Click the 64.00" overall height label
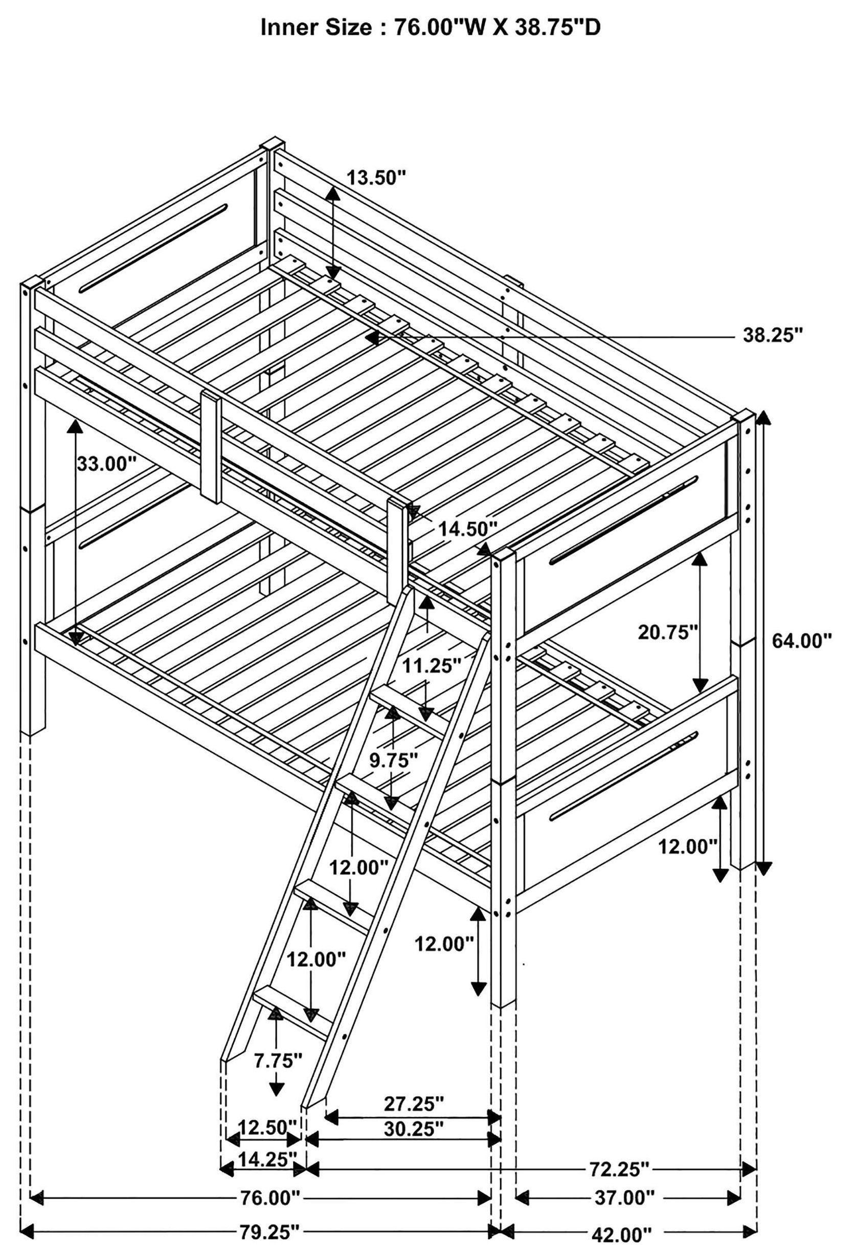801,642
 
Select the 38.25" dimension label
772,336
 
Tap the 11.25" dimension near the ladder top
432,666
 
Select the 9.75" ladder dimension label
394,760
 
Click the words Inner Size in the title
319,28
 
